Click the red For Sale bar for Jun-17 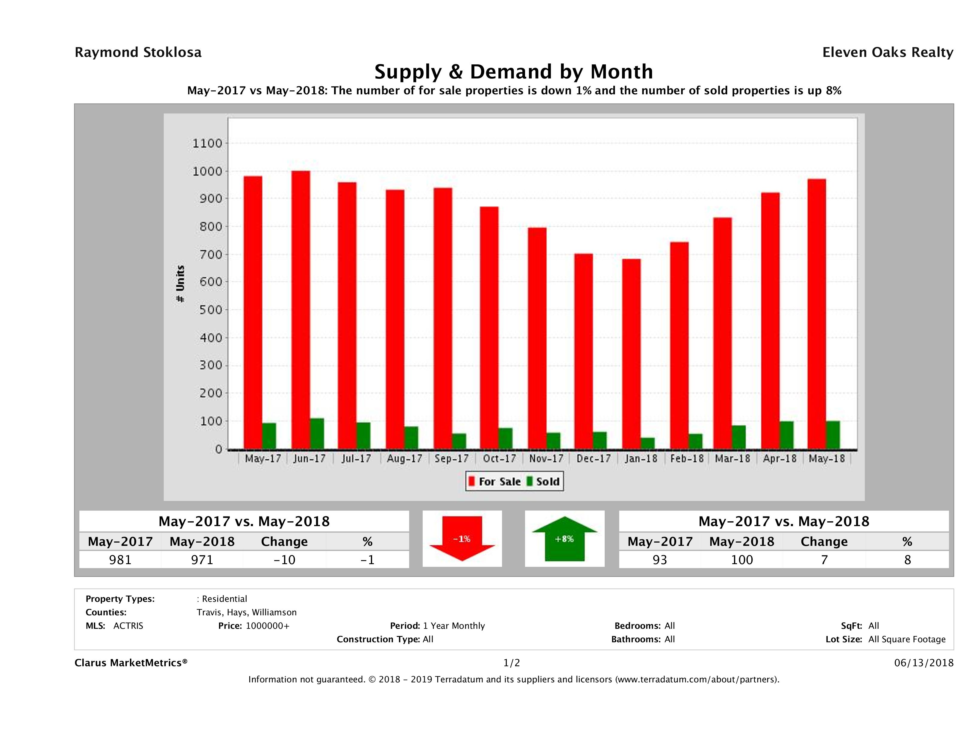tap(301, 310)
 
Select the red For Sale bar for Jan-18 tap(632, 354)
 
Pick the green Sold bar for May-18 tap(833, 435)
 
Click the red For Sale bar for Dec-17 tap(583, 351)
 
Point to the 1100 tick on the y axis tap(207, 143)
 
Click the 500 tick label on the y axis tap(207, 310)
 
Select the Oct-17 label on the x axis tap(499, 459)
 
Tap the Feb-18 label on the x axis tap(687, 459)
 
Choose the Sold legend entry tap(544, 481)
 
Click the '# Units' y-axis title tap(180, 284)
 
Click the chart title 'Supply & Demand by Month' tap(514, 72)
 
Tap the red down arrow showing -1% tap(462, 539)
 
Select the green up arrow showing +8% tap(564, 539)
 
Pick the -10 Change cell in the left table tap(284, 560)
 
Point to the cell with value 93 tap(659, 560)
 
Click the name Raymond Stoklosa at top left tap(138, 52)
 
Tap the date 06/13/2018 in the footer tap(923, 663)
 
